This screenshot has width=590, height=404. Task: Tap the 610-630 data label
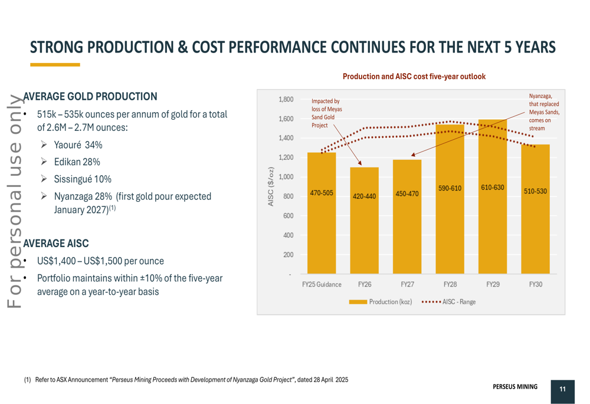pyautogui.click(x=492, y=187)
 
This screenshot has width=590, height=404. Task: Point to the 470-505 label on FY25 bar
pyautogui.click(x=322, y=193)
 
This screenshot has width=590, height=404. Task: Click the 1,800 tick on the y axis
pyautogui.click(x=286, y=100)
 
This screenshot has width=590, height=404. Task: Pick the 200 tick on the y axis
pyautogui.click(x=288, y=255)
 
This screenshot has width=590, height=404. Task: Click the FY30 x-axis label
pyautogui.click(x=535, y=284)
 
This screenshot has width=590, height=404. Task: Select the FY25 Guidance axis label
pyautogui.click(x=322, y=284)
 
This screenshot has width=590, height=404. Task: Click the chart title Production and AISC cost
pyautogui.click(x=414, y=77)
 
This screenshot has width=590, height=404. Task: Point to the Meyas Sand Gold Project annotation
pyautogui.click(x=326, y=113)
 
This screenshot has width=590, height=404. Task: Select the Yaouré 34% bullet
pyautogui.click(x=78, y=145)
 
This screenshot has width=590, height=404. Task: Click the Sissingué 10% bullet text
pyautogui.click(x=83, y=179)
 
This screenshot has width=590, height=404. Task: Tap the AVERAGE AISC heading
pyautogui.click(x=56, y=243)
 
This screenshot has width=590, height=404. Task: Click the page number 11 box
pyautogui.click(x=562, y=389)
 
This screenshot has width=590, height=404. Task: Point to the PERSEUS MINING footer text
pyautogui.click(x=515, y=387)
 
